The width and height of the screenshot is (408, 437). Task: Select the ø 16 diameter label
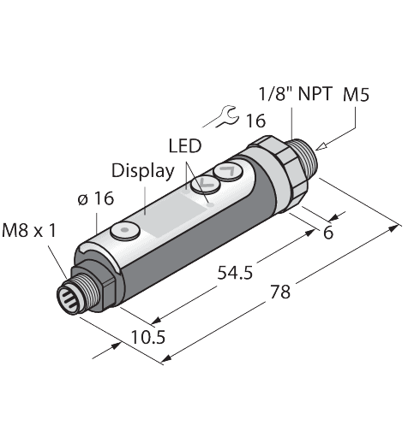tap(96, 199)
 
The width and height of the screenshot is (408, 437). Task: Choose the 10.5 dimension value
tap(148, 336)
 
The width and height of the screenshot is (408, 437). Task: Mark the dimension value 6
tap(328, 233)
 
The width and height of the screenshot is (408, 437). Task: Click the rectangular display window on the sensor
tap(165, 209)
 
